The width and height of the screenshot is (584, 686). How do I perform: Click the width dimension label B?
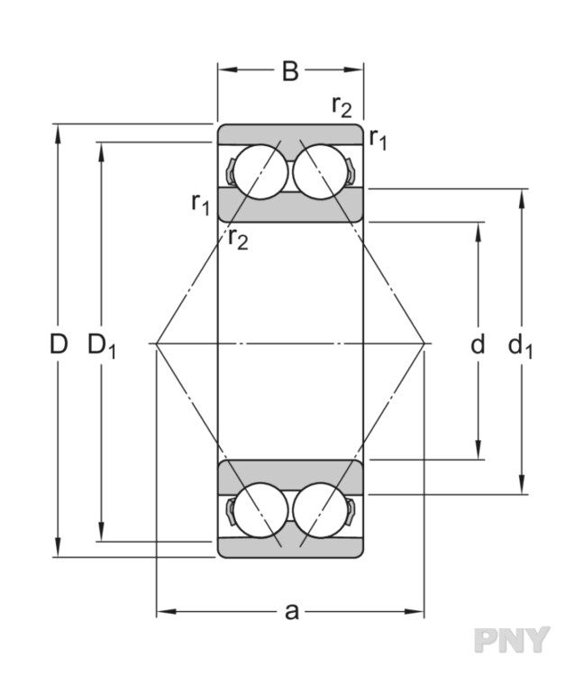point(290,71)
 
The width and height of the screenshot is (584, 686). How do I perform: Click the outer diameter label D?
point(59,343)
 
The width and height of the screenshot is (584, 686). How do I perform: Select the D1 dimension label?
point(102,345)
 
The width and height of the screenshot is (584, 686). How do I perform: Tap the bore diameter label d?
point(478,343)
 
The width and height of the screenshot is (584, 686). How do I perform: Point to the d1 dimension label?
point(521,346)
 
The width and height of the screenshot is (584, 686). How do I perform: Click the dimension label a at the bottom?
point(291,611)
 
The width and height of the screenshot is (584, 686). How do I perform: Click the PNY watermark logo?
point(512,640)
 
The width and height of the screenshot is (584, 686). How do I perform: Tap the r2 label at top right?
point(342,105)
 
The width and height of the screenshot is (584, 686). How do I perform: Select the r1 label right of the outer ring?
point(378,139)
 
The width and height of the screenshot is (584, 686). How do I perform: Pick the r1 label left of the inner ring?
point(201,204)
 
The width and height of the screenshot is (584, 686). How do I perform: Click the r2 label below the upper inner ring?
point(238,238)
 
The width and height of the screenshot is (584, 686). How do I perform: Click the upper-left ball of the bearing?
point(260,172)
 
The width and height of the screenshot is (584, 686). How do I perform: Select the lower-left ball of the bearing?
point(260,510)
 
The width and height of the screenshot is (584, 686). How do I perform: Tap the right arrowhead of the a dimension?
point(415,611)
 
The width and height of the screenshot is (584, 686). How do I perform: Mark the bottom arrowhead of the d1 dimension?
point(522,485)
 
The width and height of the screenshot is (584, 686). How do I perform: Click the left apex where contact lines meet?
point(156,343)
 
